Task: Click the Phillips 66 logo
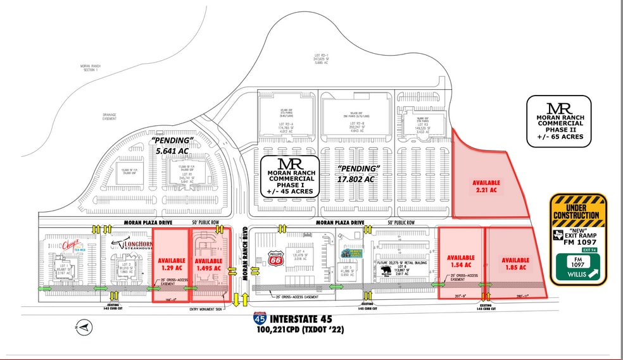pos(276,259)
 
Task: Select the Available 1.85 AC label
pos(515,263)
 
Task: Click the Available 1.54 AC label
pos(461,261)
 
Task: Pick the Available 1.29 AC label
pos(171,264)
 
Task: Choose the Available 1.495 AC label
pos(208,264)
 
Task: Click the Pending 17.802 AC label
pos(358,173)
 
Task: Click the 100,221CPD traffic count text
pos(305,331)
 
